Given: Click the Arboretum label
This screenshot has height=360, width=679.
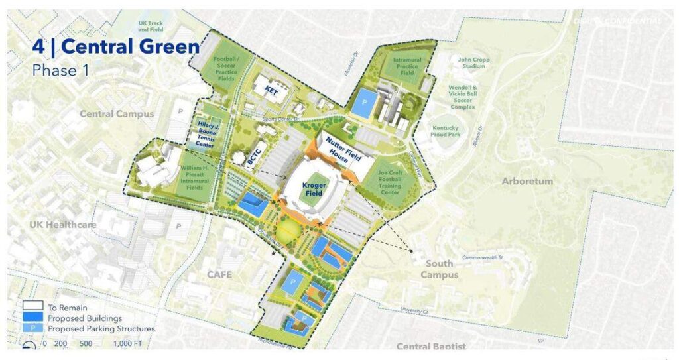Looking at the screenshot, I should point(527,181).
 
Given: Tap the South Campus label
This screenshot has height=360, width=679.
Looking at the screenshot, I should point(439,269).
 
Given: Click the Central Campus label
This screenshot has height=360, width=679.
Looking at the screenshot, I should point(116,113).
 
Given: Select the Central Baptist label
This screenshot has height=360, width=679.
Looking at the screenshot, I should point(431,346).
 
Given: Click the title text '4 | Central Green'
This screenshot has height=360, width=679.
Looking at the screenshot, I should point(116,47).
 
